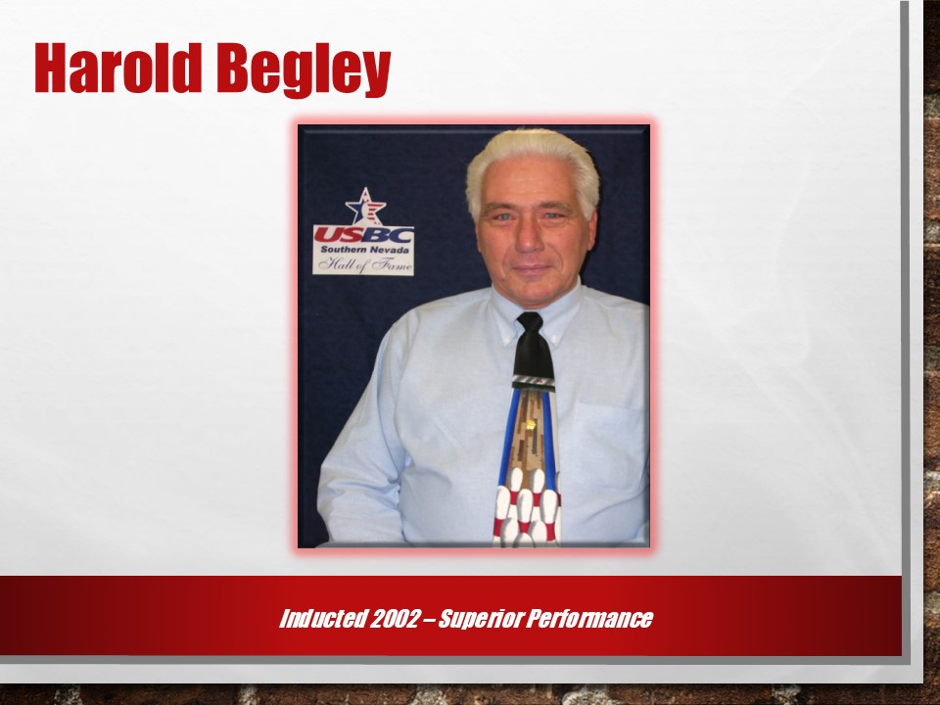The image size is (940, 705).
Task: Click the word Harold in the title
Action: pyautogui.click(x=118, y=68)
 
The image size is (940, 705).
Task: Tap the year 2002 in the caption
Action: pyautogui.click(x=394, y=618)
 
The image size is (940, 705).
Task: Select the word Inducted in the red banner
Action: pyautogui.click(x=322, y=618)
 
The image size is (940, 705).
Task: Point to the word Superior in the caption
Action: pyautogui.click(x=480, y=619)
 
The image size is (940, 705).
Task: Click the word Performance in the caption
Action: pyautogui.click(x=589, y=619)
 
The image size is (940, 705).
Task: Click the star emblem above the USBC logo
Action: pyautogui.click(x=365, y=207)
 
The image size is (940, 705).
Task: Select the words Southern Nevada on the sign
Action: pyautogui.click(x=364, y=250)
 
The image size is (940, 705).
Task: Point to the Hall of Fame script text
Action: pyautogui.click(x=364, y=263)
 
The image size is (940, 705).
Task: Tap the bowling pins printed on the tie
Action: pyautogui.click(x=527, y=507)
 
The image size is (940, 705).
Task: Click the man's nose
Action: pyautogui.click(x=530, y=238)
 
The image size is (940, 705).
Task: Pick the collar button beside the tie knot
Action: pyautogui.click(x=557, y=343)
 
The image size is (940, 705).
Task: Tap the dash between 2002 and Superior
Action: pyautogui.click(x=428, y=619)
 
